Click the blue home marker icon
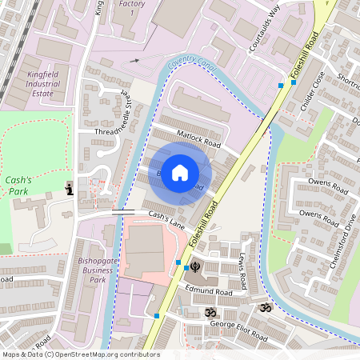pos(180,172)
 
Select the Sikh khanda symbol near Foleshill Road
pos(192,266)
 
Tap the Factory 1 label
pos(132,9)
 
